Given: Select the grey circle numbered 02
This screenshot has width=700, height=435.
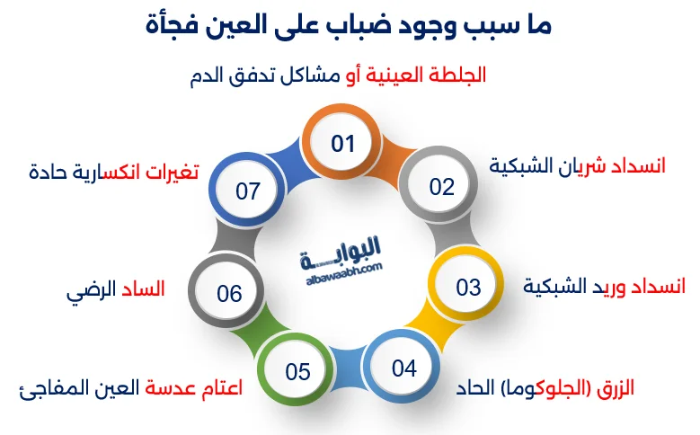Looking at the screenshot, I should coord(441,187).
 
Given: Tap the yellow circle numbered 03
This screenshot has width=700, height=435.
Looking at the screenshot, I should coord(468,288).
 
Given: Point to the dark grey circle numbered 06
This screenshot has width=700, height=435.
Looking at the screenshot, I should coord(230,294).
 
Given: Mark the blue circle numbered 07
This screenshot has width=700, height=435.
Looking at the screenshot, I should coord(248,191).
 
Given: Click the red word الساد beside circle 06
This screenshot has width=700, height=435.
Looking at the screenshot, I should coord(144,292).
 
